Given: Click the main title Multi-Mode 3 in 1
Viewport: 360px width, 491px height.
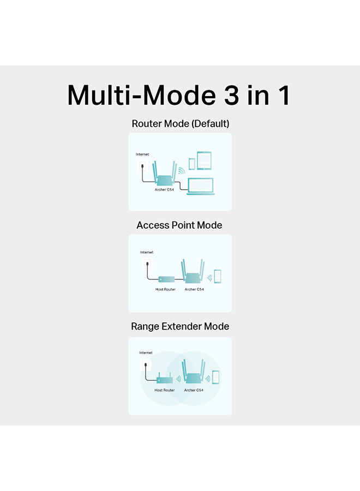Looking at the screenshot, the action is point(179,95).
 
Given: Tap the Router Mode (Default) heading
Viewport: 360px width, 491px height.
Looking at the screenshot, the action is point(181,124).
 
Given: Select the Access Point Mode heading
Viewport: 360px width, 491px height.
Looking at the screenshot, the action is point(179,225).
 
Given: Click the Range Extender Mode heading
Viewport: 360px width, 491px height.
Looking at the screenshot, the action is point(180,327).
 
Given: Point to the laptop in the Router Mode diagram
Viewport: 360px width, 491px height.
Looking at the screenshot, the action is point(201,187).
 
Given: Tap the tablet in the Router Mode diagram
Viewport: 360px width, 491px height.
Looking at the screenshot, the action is point(204,160).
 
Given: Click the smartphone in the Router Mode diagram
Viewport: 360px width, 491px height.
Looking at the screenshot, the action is point(192,164).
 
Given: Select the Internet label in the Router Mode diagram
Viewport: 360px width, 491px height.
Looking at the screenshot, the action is point(142,154).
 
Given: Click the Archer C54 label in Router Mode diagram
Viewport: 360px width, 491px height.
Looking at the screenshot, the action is point(164,189).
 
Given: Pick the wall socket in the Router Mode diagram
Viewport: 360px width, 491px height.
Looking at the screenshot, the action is point(142,166).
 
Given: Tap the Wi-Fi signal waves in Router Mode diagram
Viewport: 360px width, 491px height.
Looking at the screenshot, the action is point(182,171).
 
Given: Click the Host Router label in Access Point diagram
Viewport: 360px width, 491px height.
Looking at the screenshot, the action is point(165,289).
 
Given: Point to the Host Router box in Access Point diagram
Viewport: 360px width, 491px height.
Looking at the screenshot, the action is point(166,279).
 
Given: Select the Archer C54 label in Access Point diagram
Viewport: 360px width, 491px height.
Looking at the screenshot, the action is point(194,289).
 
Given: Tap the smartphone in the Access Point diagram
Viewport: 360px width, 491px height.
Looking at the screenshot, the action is point(218,277).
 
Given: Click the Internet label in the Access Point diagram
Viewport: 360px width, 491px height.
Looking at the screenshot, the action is point(147,252).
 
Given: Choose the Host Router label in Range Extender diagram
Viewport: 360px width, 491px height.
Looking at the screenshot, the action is point(164,390).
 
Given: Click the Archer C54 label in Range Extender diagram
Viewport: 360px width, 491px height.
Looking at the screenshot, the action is point(194,390).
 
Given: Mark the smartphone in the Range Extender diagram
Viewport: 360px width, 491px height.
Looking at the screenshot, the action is point(215,377).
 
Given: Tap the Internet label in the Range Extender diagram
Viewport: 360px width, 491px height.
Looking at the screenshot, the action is point(146,352).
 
